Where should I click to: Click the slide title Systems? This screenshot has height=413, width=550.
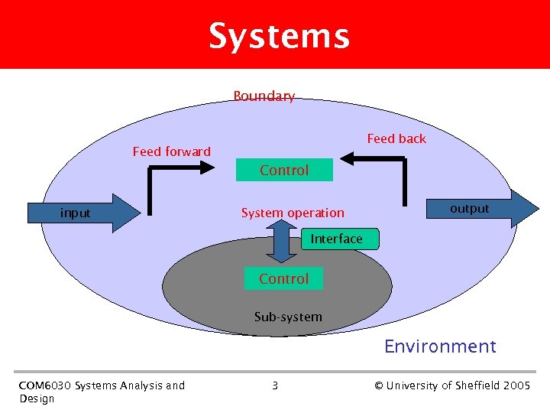279,36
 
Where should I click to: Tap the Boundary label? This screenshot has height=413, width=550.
264,96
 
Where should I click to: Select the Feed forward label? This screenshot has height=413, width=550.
171,151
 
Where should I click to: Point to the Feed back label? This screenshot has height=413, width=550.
396,138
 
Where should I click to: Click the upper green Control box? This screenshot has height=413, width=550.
284,170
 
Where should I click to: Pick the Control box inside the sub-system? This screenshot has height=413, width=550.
283,278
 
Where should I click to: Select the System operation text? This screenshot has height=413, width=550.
293,213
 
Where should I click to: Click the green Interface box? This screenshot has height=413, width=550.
336,239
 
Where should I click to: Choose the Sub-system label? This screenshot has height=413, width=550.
288,317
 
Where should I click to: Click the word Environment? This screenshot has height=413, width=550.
440,346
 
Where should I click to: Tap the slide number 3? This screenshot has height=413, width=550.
275,385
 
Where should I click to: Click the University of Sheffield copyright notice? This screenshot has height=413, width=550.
452,385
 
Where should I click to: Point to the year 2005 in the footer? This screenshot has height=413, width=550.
517,385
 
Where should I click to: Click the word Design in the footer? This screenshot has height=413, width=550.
37,398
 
